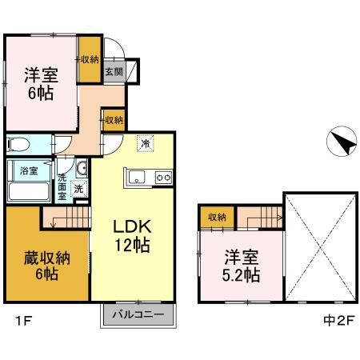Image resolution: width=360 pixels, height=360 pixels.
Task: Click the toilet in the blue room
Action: (x=18, y=144)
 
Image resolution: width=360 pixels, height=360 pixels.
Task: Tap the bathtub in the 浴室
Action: (x=29, y=191)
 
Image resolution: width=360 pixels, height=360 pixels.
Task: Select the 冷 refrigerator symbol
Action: (x=146, y=143)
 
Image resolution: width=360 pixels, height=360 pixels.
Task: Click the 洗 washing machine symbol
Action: (x=79, y=189)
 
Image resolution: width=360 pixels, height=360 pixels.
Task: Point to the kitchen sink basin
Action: (x=137, y=177)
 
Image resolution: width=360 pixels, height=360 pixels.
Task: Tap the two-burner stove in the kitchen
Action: (x=163, y=177)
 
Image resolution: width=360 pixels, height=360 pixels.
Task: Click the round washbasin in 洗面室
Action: (x=82, y=168)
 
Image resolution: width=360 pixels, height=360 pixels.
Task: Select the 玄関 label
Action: (x=114, y=71)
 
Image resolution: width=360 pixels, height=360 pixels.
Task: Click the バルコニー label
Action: (x=138, y=314)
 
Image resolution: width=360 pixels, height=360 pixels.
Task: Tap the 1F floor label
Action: (x=24, y=321)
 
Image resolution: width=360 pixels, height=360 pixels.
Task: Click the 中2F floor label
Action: (x=338, y=321)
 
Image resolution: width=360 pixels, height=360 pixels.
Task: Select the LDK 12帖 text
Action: (x=133, y=236)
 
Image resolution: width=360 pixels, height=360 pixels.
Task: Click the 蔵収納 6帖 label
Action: (x=47, y=266)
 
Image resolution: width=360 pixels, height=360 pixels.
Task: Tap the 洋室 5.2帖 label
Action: (x=242, y=266)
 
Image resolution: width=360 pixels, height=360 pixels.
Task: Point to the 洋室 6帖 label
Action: (x=41, y=84)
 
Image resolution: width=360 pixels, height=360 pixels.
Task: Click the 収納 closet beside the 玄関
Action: (x=90, y=59)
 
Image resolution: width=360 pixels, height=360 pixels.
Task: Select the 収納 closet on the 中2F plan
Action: (x=217, y=217)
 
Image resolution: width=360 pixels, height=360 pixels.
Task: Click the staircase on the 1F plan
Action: (x=66, y=218)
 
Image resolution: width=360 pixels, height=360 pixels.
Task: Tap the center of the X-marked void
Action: (x=321, y=247)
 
